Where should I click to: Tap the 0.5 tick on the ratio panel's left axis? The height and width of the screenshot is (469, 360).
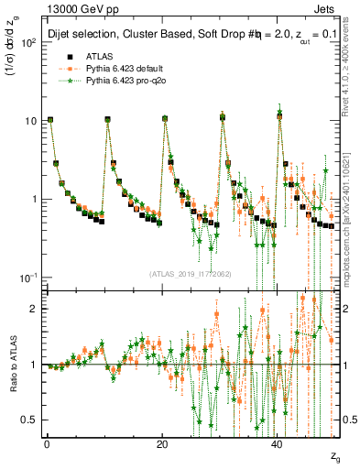(x=27, y=420)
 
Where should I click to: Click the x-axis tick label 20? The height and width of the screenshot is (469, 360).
(x=162, y=443)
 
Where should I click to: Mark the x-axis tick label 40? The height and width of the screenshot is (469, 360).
(x=278, y=443)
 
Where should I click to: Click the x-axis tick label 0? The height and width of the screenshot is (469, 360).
(x=47, y=443)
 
